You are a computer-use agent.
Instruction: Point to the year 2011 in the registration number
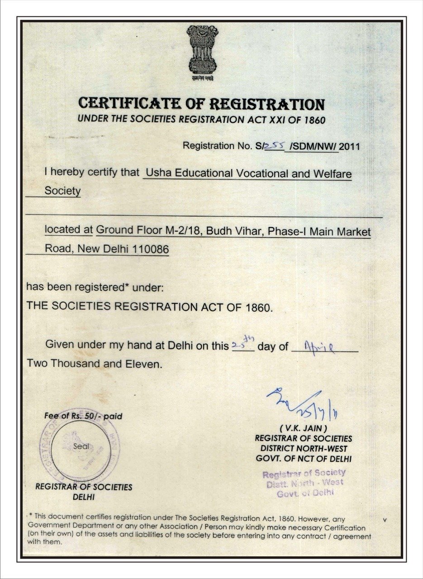point(352,146)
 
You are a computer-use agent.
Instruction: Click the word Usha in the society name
point(158,173)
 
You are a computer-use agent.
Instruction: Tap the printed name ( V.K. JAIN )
point(303,428)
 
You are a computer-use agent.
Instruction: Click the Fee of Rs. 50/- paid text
point(83,416)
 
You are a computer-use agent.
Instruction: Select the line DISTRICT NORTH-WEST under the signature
point(304,448)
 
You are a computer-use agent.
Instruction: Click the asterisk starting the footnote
point(30,515)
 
